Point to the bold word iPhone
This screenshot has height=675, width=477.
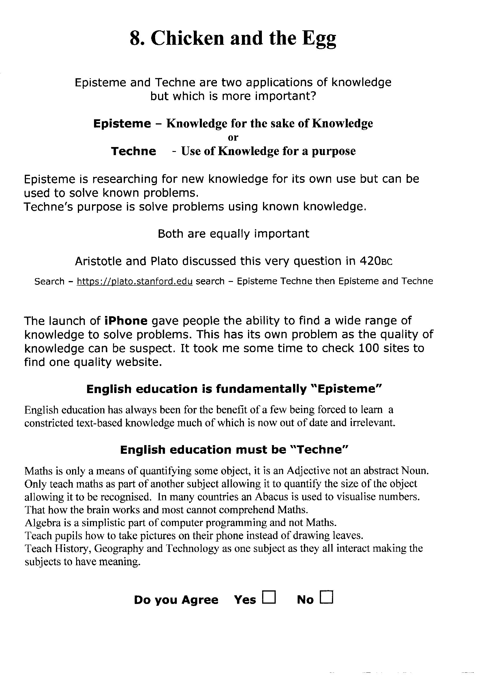[126, 321]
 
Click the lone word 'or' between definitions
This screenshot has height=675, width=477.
[233, 137]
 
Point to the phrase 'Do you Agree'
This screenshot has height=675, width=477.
[176, 600]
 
